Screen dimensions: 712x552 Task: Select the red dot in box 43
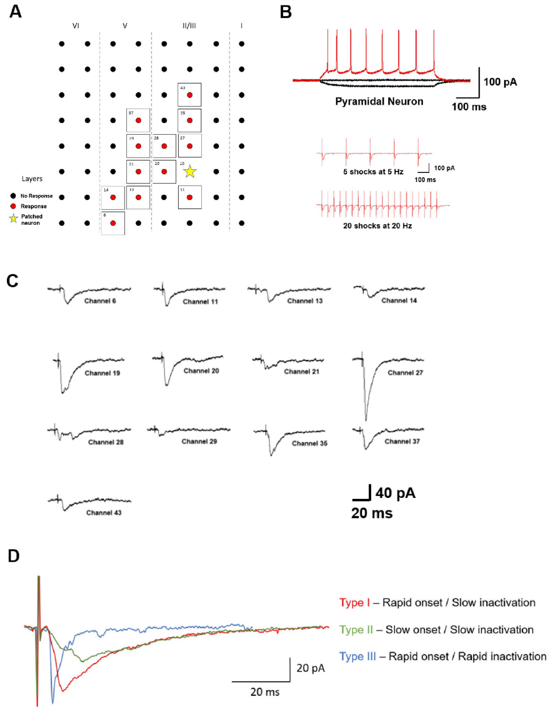190,95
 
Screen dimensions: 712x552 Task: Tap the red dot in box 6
113,223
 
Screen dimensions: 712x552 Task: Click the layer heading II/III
189,26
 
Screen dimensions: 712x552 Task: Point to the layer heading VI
76,26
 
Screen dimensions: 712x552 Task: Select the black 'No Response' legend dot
13,196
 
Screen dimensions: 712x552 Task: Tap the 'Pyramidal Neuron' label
379,101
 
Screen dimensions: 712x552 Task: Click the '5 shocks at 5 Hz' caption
373,172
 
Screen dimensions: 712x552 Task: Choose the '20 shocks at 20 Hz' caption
377,226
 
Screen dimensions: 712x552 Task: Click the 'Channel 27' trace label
405,373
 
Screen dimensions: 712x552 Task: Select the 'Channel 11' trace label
200,301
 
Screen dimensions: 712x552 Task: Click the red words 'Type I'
354,602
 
